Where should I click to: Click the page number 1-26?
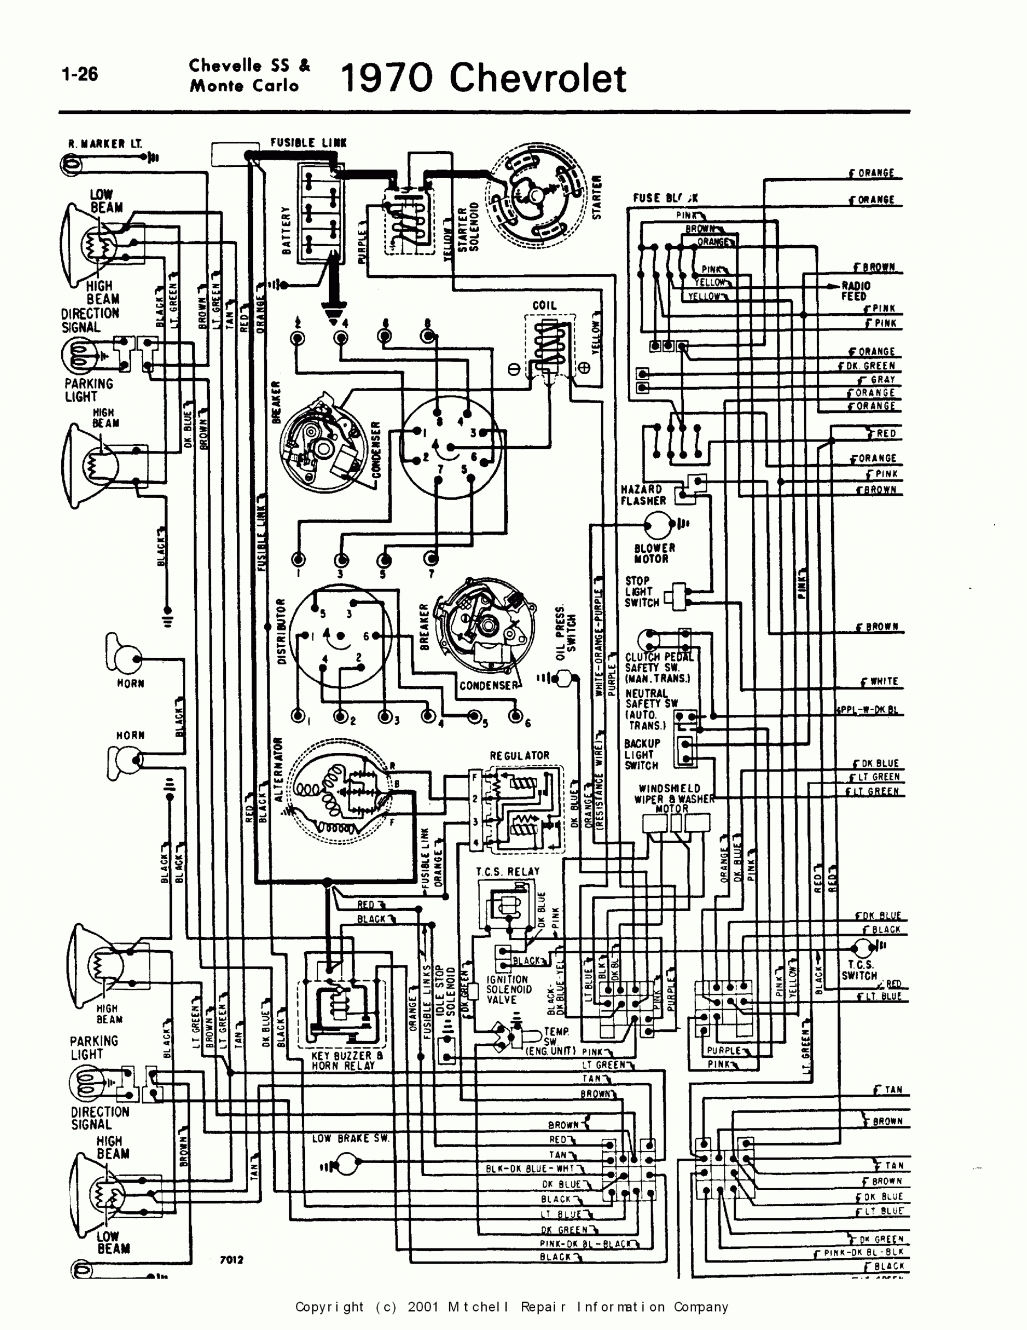(80, 74)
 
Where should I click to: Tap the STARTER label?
(597, 197)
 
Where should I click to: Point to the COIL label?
(544, 305)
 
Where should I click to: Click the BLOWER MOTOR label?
(654, 553)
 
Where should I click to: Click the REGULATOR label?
(519, 756)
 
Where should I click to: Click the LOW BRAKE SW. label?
(350, 1138)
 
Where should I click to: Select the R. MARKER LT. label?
(105, 144)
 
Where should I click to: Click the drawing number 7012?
(232, 1260)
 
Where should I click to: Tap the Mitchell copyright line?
(511, 1307)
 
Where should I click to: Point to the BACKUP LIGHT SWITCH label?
(642, 754)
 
